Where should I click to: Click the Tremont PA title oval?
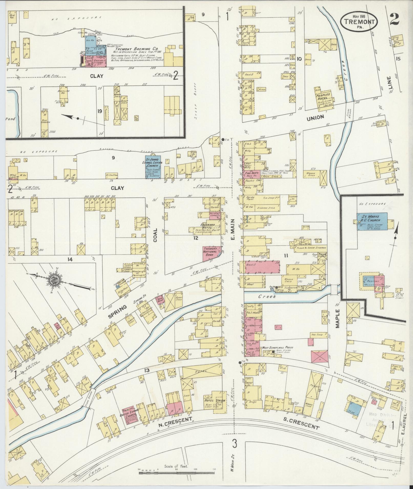click(x=359, y=21)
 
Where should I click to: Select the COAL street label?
click(x=155, y=234)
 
